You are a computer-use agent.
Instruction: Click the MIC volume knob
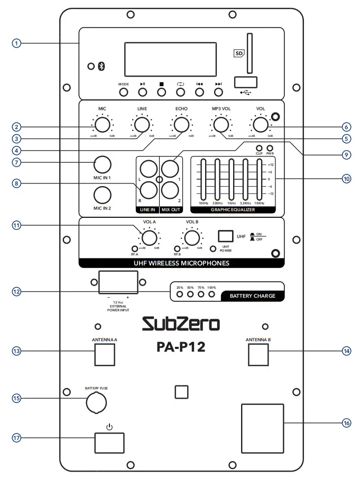[102, 124]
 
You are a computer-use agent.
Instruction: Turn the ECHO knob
[181, 124]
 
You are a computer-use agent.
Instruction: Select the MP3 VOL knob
[220, 124]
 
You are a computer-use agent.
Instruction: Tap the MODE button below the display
[124, 92]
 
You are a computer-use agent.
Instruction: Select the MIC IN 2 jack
[102, 195]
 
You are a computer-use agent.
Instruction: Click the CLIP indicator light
[260, 148]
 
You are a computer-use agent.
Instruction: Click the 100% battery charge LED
[211, 294]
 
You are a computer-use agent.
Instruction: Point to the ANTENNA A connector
[105, 354]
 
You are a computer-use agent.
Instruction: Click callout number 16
[346, 423]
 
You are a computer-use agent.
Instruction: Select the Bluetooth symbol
[102, 67]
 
